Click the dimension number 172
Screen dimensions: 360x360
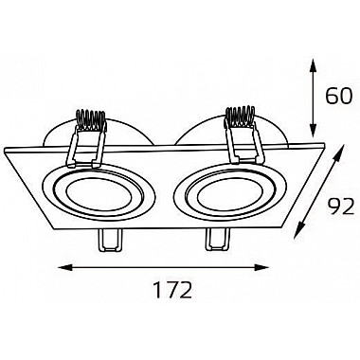coord(172,290)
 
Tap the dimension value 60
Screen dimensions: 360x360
coord(338,96)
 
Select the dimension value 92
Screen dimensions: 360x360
coord(339,207)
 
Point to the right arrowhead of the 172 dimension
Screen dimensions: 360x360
coord(262,268)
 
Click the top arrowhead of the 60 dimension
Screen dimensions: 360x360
coord(313,65)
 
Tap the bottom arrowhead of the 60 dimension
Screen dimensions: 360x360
coord(313,130)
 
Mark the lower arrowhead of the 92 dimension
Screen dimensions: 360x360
coord(298,230)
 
